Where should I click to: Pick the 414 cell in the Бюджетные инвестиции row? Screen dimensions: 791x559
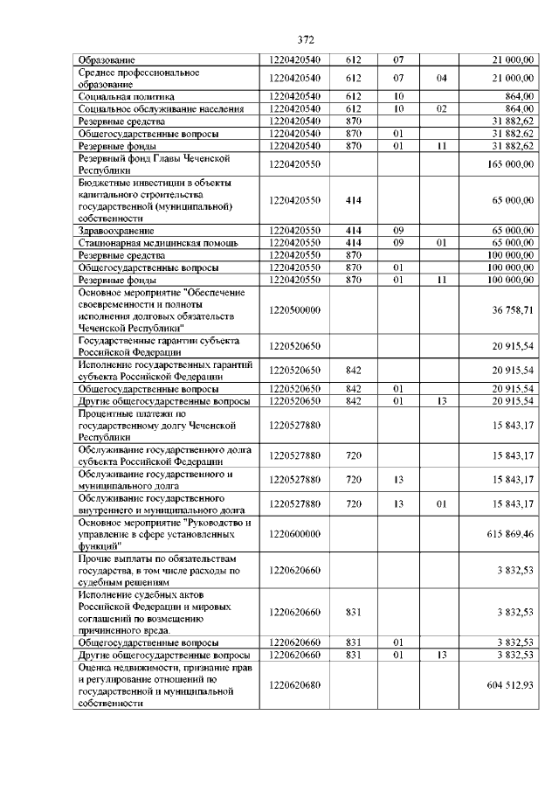pyautogui.click(x=354, y=200)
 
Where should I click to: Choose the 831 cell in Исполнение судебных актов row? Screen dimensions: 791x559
pyautogui.click(x=354, y=612)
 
